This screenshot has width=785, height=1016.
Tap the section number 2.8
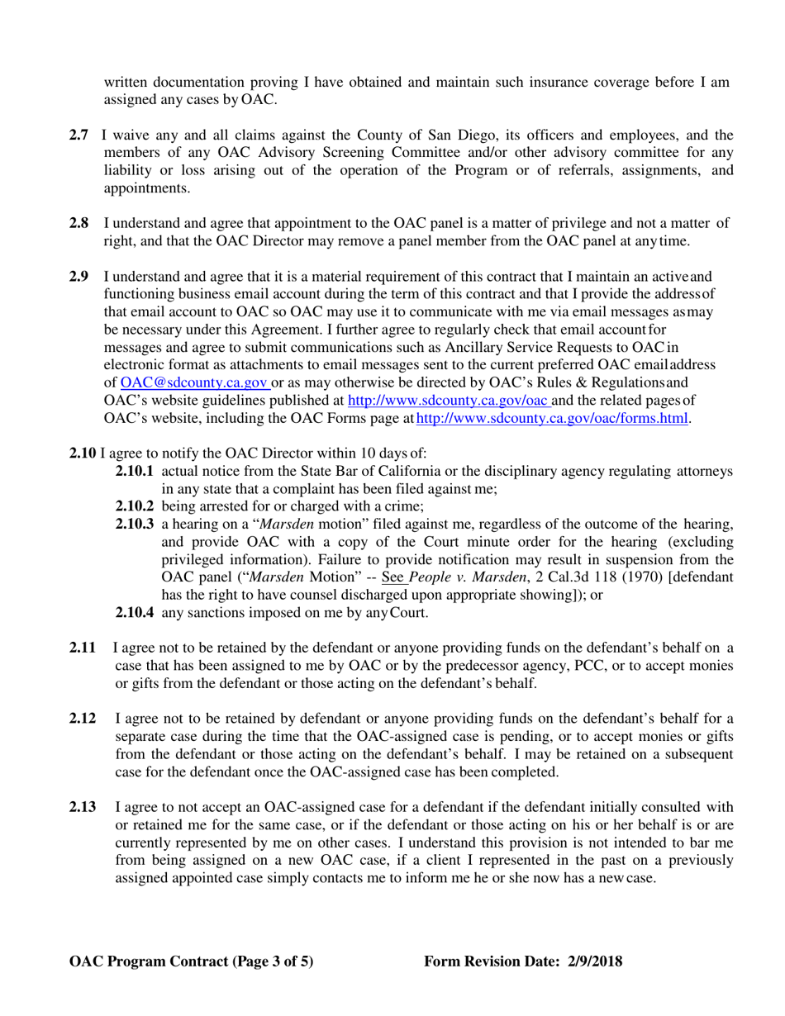tap(78, 224)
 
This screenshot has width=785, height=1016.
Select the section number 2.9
tap(78, 276)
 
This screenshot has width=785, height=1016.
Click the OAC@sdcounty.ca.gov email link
tap(194, 382)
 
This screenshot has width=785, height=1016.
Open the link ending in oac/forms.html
tap(552, 419)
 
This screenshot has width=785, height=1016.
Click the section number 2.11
tap(83, 648)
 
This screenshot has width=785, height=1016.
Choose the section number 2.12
tap(83, 719)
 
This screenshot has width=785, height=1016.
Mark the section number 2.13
tap(83, 807)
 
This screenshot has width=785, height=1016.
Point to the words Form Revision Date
tap(490, 961)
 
